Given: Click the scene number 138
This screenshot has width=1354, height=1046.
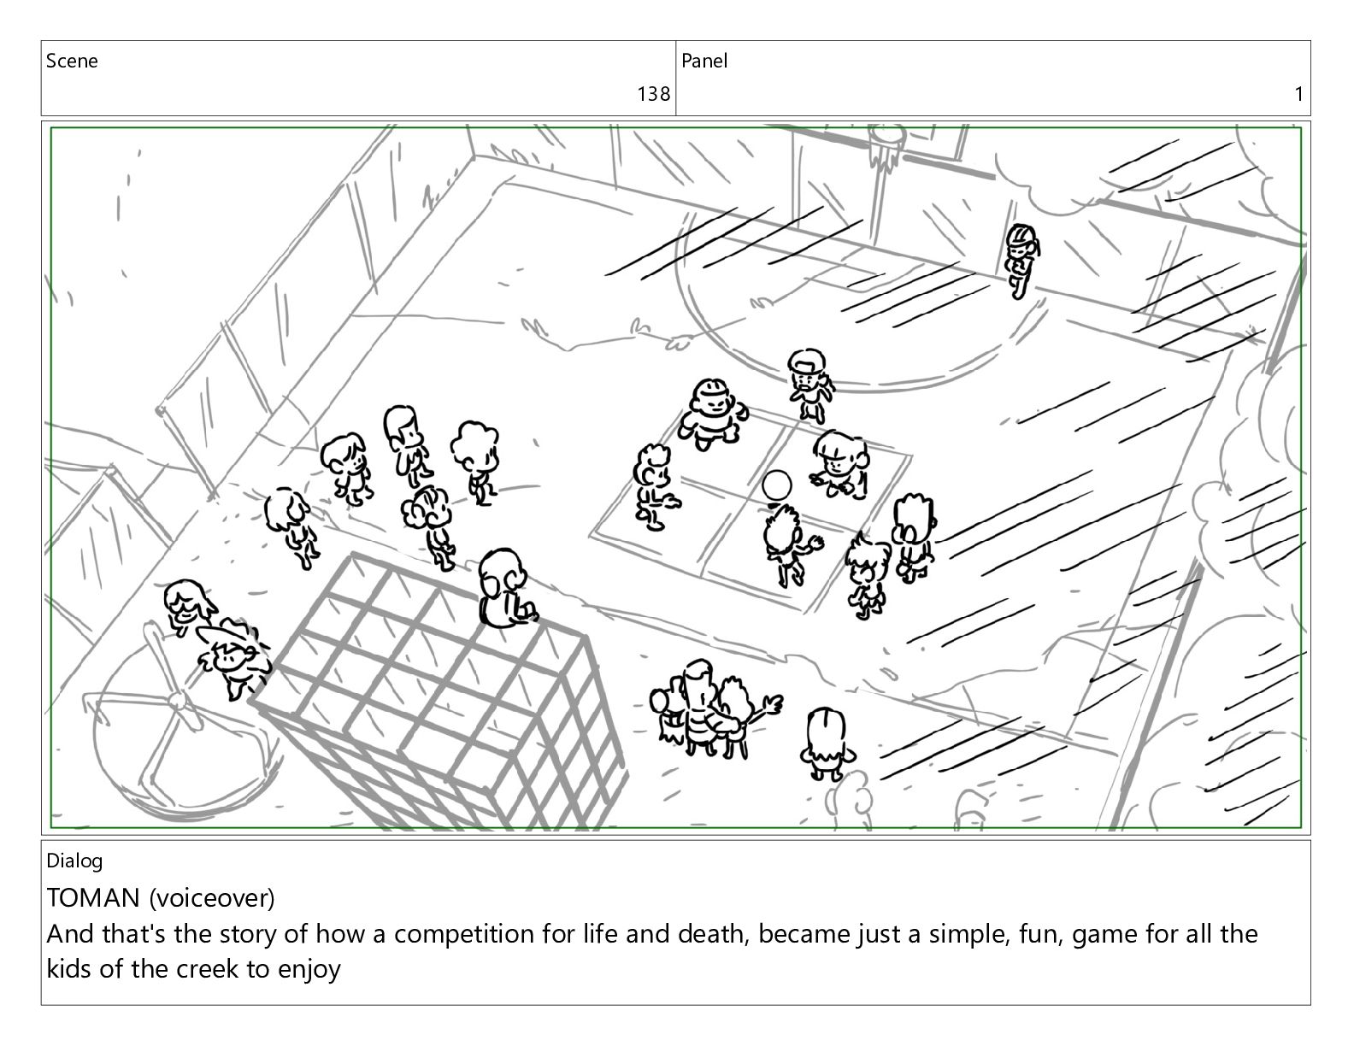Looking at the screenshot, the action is click(x=653, y=94).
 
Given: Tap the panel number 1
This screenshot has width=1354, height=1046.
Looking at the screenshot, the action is click(x=1298, y=94).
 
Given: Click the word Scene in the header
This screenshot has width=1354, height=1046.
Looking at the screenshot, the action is click(x=72, y=61).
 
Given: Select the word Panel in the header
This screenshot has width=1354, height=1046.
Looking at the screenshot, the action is click(x=704, y=61).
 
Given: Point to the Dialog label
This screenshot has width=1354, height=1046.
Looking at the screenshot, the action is click(x=74, y=861).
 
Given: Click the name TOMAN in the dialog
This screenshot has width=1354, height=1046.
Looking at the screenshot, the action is click(x=93, y=897).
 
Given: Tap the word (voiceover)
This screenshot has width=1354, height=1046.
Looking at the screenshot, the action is click(x=212, y=898).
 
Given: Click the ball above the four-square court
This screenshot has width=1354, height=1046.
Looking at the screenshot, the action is click(x=777, y=485).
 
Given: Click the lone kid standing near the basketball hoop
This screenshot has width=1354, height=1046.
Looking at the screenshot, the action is click(x=1021, y=261).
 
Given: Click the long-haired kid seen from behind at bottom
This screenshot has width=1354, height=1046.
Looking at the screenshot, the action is click(x=827, y=743).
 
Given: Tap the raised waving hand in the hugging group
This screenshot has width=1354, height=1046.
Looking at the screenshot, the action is click(x=773, y=705).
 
